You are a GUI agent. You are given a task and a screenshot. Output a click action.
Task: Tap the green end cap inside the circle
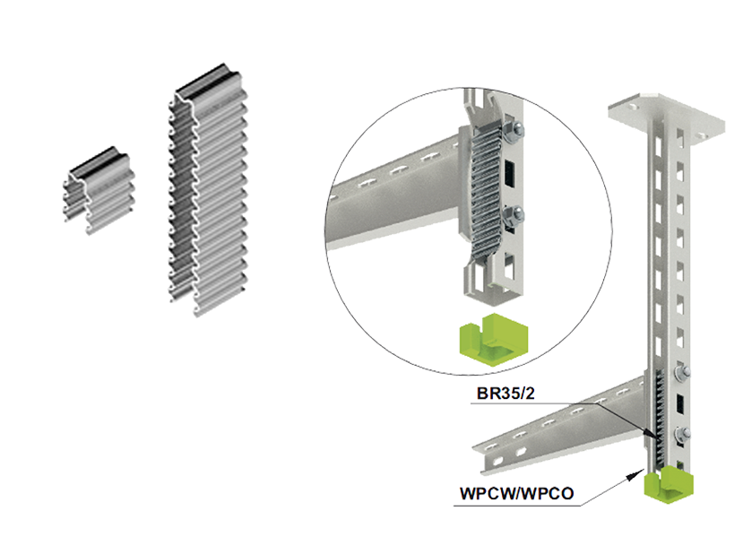click(493, 339)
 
